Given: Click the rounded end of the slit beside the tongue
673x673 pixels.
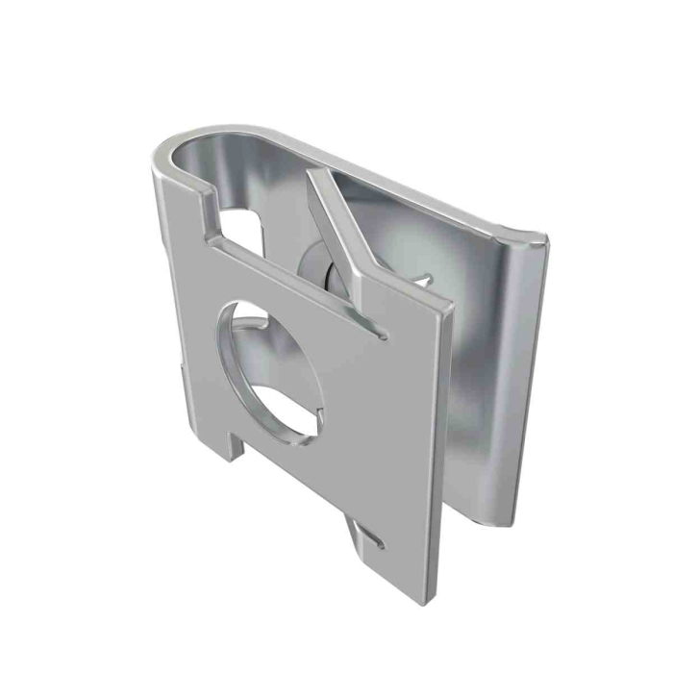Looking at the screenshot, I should click(384, 334).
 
